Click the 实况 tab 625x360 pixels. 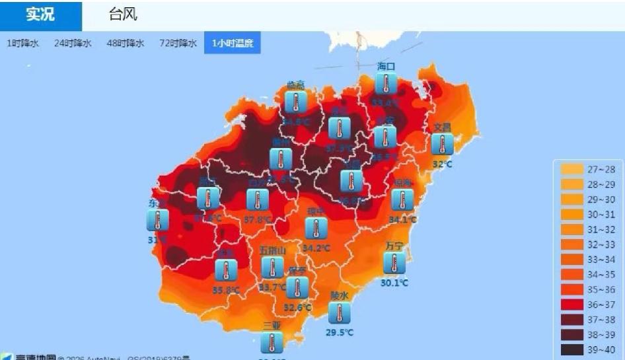tap(40, 15)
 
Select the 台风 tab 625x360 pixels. tap(123, 15)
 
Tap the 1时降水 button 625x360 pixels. tap(22, 44)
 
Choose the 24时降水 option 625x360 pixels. tap(73, 44)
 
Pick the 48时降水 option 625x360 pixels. tap(126, 44)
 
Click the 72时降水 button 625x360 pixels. tap(178, 44)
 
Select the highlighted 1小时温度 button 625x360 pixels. tap(232, 44)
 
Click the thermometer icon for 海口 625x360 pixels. tap(386, 84)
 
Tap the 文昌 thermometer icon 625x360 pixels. tap(442, 144)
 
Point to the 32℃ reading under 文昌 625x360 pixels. tap(442, 164)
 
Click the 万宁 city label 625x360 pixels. tap(394, 246)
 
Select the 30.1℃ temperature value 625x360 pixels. tap(394, 283)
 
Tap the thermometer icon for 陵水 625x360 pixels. tap(339, 313)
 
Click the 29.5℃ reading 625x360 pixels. tap(340, 332)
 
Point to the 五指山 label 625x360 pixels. tap(272, 250)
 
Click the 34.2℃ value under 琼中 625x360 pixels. tap(316, 248)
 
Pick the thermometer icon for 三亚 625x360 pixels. tap(272, 343)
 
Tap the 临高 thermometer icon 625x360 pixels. tap(295, 102)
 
